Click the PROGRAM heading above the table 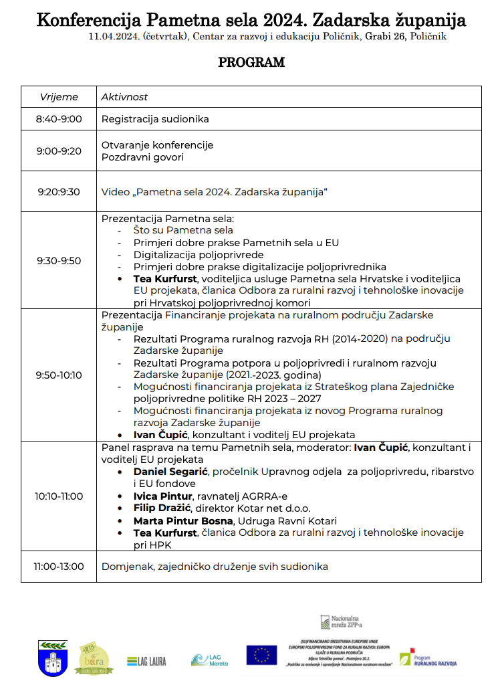pyautogui.click(x=251, y=63)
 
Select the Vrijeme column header pyautogui.click(x=59, y=97)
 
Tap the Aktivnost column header pyautogui.click(x=124, y=97)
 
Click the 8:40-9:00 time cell pyautogui.click(x=59, y=119)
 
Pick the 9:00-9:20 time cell pyautogui.click(x=59, y=151)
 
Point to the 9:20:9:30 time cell pyautogui.click(x=59, y=192)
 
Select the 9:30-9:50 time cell pyautogui.click(x=59, y=261)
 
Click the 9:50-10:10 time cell pyautogui.click(x=59, y=375)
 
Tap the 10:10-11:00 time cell pyautogui.click(x=59, y=496)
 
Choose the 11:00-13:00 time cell pyautogui.click(x=59, y=567)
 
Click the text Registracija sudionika pyautogui.click(x=155, y=119)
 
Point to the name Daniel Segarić pyautogui.click(x=170, y=472)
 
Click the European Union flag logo pyautogui.click(x=261, y=655)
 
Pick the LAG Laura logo pyautogui.click(x=146, y=661)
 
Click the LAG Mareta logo pyautogui.click(x=209, y=660)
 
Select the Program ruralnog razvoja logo pyautogui.click(x=428, y=659)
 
